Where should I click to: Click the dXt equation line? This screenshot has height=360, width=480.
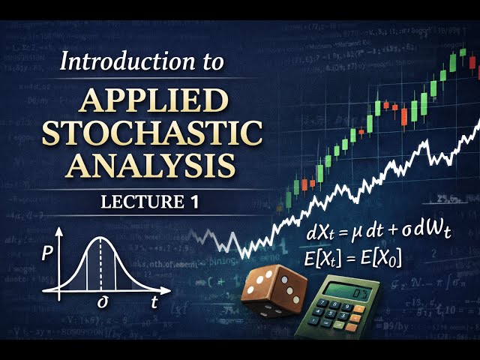379,233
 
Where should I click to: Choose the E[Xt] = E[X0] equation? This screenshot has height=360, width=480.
352,259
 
